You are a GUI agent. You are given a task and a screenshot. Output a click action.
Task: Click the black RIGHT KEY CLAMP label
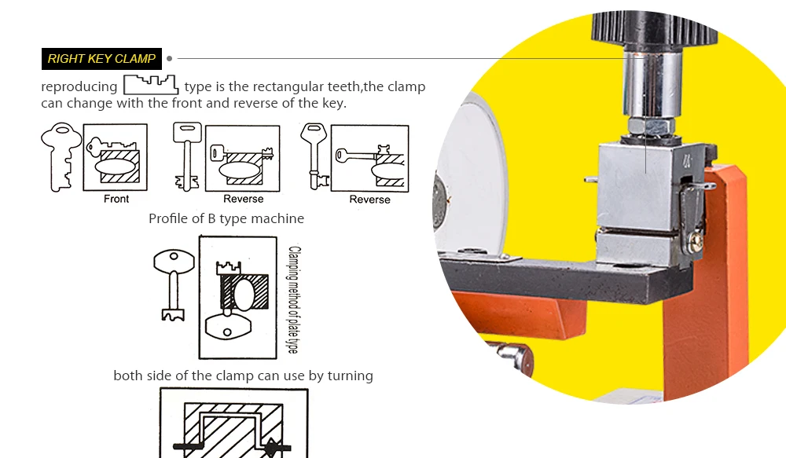point(101,59)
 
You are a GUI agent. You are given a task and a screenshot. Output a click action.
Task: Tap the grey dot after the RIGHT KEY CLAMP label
point(170,59)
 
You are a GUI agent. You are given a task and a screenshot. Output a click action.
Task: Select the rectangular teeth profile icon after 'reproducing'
point(151,85)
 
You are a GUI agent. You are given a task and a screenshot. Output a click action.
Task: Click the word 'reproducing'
point(79,86)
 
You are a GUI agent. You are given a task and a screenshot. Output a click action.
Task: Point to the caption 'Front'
point(116,199)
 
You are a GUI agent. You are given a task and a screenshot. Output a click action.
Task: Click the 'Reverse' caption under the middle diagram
point(243,199)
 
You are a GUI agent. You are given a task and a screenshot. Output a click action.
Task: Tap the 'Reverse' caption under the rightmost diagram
point(369,200)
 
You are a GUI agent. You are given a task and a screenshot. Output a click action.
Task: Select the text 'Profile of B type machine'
point(226,218)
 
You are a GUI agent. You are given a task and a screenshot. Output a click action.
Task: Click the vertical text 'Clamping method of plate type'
point(294,299)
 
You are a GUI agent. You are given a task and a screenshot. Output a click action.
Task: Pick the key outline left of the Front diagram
point(61,157)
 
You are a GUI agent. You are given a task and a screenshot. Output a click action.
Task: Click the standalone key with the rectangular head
point(187,156)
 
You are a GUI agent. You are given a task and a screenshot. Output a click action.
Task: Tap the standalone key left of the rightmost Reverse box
point(315,156)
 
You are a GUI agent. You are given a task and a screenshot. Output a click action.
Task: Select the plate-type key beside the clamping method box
point(174,284)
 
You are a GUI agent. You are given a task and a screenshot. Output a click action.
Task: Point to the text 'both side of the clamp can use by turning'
point(243,376)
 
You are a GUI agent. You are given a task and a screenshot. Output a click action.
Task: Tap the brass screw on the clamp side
point(696,243)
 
